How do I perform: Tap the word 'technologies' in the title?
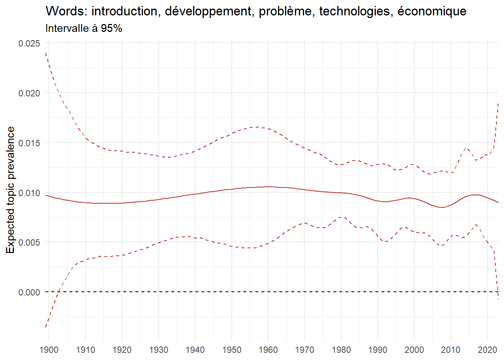click(x=355, y=11)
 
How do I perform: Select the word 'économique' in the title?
click(x=432, y=11)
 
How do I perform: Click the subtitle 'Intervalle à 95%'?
click(x=84, y=28)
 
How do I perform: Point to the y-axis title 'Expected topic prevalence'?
click(x=10, y=190)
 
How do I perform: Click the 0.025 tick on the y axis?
click(x=29, y=43)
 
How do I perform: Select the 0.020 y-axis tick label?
click(x=29, y=93)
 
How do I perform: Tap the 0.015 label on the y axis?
click(x=29, y=143)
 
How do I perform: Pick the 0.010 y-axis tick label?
click(x=29, y=193)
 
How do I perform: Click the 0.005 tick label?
click(x=29, y=242)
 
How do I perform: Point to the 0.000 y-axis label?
click(x=29, y=292)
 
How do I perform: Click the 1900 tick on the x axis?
click(x=49, y=350)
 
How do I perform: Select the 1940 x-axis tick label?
click(x=195, y=350)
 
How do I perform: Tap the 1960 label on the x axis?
click(x=268, y=350)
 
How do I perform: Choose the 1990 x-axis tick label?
click(x=378, y=350)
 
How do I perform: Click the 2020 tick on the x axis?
click(x=487, y=350)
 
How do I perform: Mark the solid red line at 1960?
click(x=268, y=187)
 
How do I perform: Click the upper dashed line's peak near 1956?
click(x=254, y=127)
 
